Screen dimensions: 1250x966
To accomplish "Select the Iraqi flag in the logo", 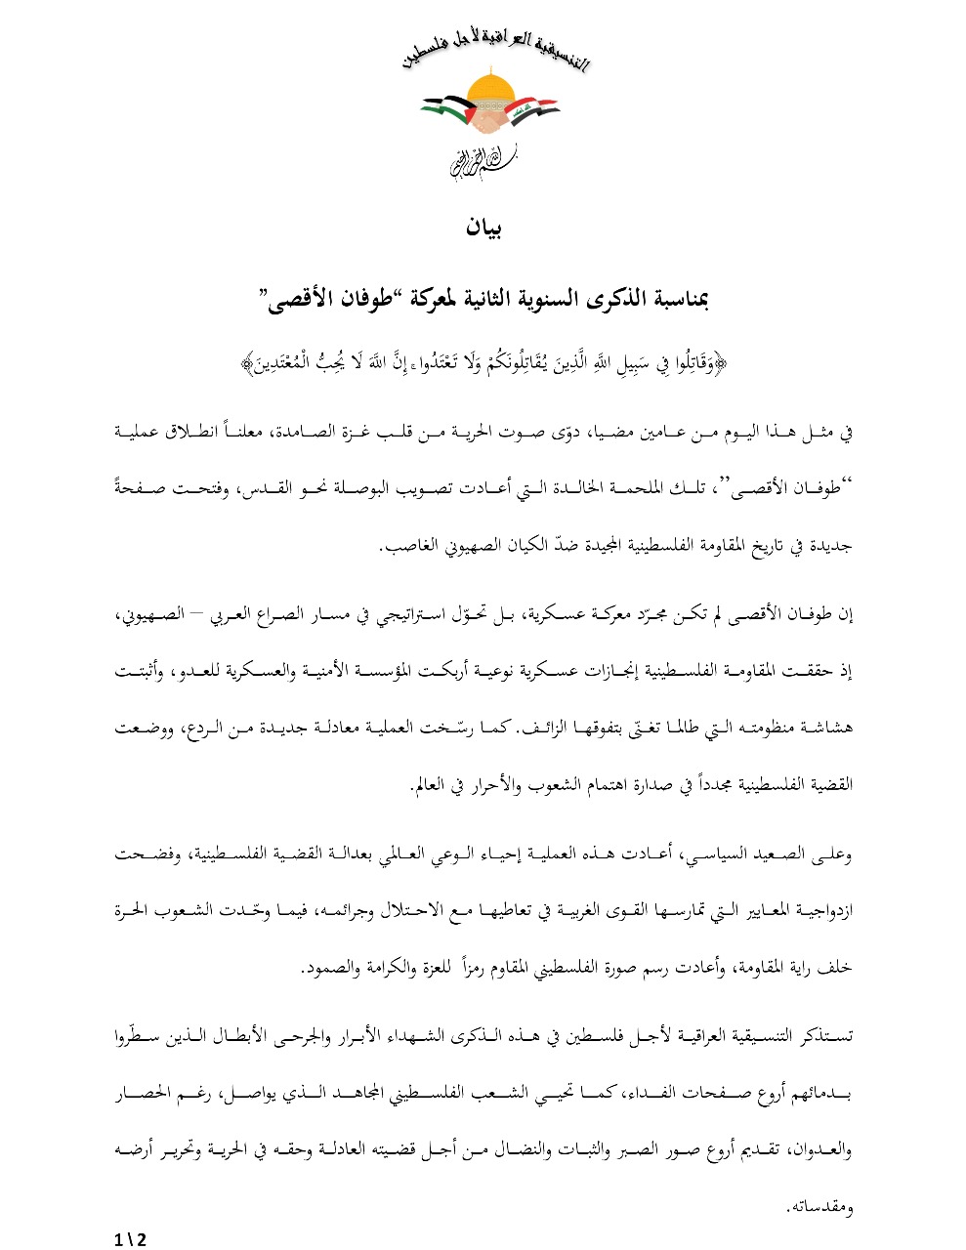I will pos(535,107).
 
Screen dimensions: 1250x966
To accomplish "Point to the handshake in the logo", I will pos(490,121).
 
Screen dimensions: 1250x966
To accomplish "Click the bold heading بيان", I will pos(483,229).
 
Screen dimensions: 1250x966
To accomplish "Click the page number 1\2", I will pos(130,1238).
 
